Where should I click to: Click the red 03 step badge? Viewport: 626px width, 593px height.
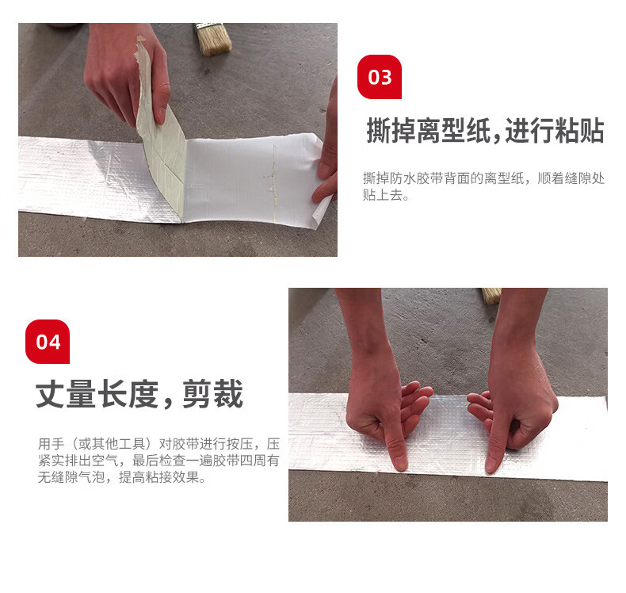(380, 77)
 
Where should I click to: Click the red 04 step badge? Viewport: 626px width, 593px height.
(48, 342)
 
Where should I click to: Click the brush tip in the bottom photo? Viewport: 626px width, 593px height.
(492, 296)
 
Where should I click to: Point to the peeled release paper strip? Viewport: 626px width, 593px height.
(160, 136)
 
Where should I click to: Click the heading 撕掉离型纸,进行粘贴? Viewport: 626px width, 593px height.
(485, 131)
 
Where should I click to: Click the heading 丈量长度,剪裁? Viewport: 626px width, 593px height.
(139, 394)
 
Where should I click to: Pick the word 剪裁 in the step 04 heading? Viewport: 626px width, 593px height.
(213, 394)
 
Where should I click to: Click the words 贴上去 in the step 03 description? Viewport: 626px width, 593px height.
(383, 195)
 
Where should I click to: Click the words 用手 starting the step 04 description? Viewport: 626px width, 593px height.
(51, 444)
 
